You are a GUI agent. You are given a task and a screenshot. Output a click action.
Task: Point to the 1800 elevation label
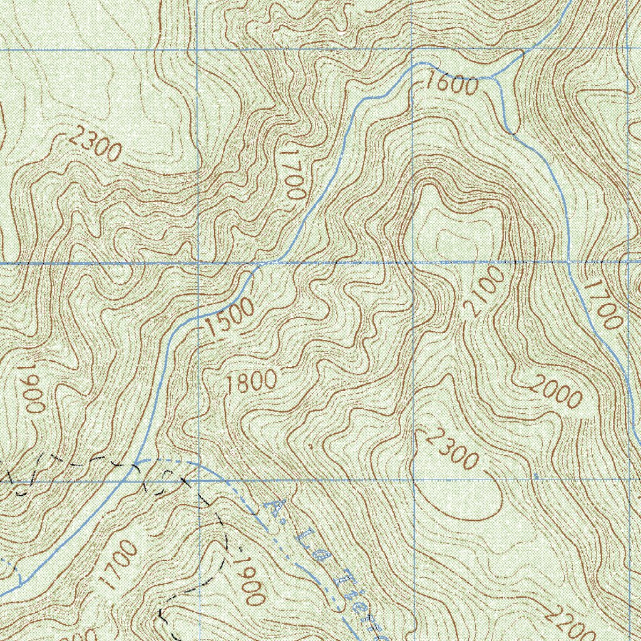coord(252,382)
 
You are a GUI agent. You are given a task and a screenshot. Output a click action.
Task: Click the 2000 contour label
coord(556,393)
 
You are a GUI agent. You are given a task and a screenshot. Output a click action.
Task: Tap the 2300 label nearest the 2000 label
coord(451,449)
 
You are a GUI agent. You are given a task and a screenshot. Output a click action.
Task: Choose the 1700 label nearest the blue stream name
coord(118,564)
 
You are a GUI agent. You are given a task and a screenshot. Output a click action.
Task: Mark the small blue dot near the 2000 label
coord(535,477)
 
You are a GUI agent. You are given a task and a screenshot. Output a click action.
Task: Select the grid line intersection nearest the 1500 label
coord(198,263)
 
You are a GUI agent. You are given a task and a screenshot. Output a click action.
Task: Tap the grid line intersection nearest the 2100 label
coord(413,262)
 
